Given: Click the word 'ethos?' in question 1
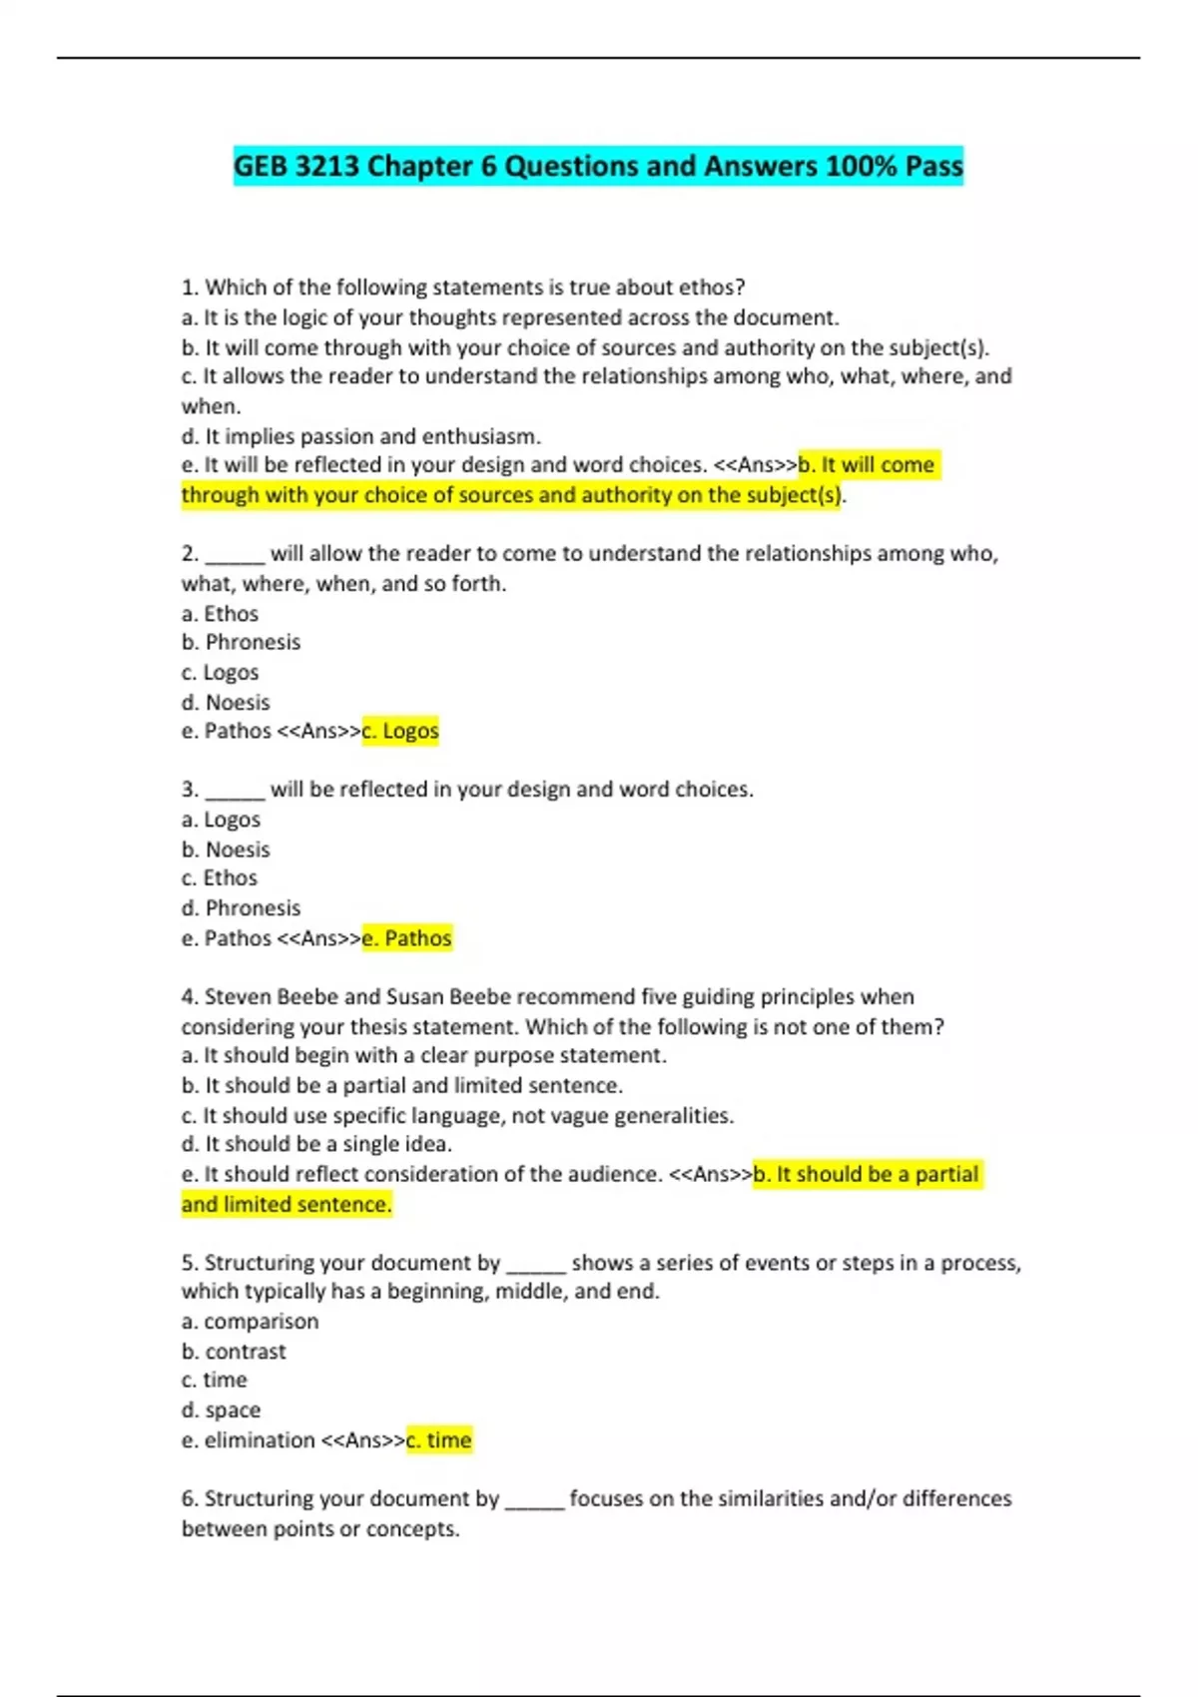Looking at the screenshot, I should click(x=712, y=287).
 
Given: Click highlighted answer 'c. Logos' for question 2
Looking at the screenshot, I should click(x=400, y=731).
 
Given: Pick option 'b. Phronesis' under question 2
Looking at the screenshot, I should click(x=241, y=642).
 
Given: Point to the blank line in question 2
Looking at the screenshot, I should click(x=235, y=555).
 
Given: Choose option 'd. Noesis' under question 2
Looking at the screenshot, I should click(x=226, y=702).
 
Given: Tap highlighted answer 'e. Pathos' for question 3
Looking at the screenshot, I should click(x=406, y=938).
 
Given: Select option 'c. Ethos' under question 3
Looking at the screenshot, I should click(x=220, y=877).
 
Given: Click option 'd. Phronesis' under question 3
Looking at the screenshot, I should click(x=241, y=907).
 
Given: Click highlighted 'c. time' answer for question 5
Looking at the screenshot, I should click(x=438, y=1439).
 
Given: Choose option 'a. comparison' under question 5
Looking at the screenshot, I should click(x=250, y=1321).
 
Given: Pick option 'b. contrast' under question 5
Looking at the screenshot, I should click(x=234, y=1351).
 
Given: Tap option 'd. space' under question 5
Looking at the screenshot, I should click(x=221, y=1410).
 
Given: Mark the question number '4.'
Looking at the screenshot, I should click(x=190, y=996).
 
